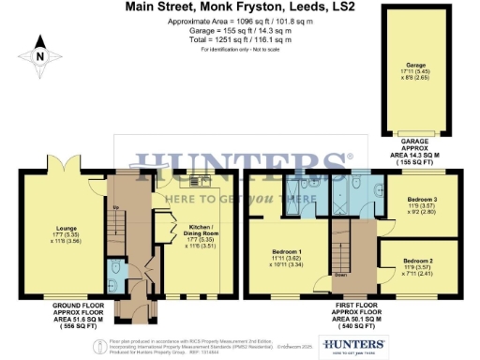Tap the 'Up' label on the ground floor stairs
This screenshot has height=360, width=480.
click(115, 207)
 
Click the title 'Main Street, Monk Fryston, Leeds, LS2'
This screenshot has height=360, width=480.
click(241, 7)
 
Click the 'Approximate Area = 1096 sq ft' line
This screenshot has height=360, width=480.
click(240, 21)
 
